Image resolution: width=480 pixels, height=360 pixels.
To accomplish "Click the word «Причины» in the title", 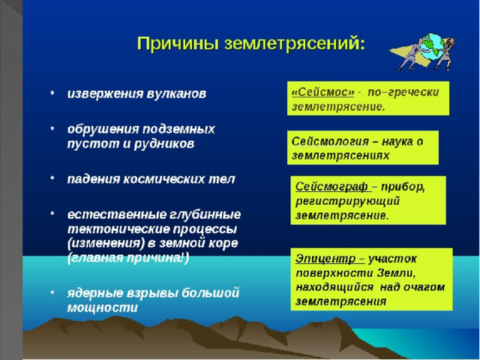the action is [x=178, y=43].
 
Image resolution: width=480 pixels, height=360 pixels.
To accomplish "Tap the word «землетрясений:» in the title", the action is [x=295, y=43].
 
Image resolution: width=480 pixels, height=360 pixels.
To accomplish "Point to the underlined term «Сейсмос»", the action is [x=322, y=92].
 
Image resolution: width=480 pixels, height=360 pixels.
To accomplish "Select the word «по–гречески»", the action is [x=403, y=92].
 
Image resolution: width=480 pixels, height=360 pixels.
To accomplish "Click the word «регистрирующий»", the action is [x=348, y=201].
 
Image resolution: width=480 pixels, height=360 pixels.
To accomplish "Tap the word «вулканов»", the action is [x=176, y=93].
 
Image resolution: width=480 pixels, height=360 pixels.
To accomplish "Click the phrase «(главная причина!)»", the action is [x=128, y=258].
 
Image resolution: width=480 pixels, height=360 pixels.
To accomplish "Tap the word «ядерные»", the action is [x=95, y=293].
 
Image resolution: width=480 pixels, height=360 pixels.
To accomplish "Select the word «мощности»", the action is [x=103, y=307].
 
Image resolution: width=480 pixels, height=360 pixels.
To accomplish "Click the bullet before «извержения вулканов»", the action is [x=52, y=92].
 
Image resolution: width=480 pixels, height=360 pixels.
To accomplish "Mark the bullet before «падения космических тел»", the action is [x=52, y=178].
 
